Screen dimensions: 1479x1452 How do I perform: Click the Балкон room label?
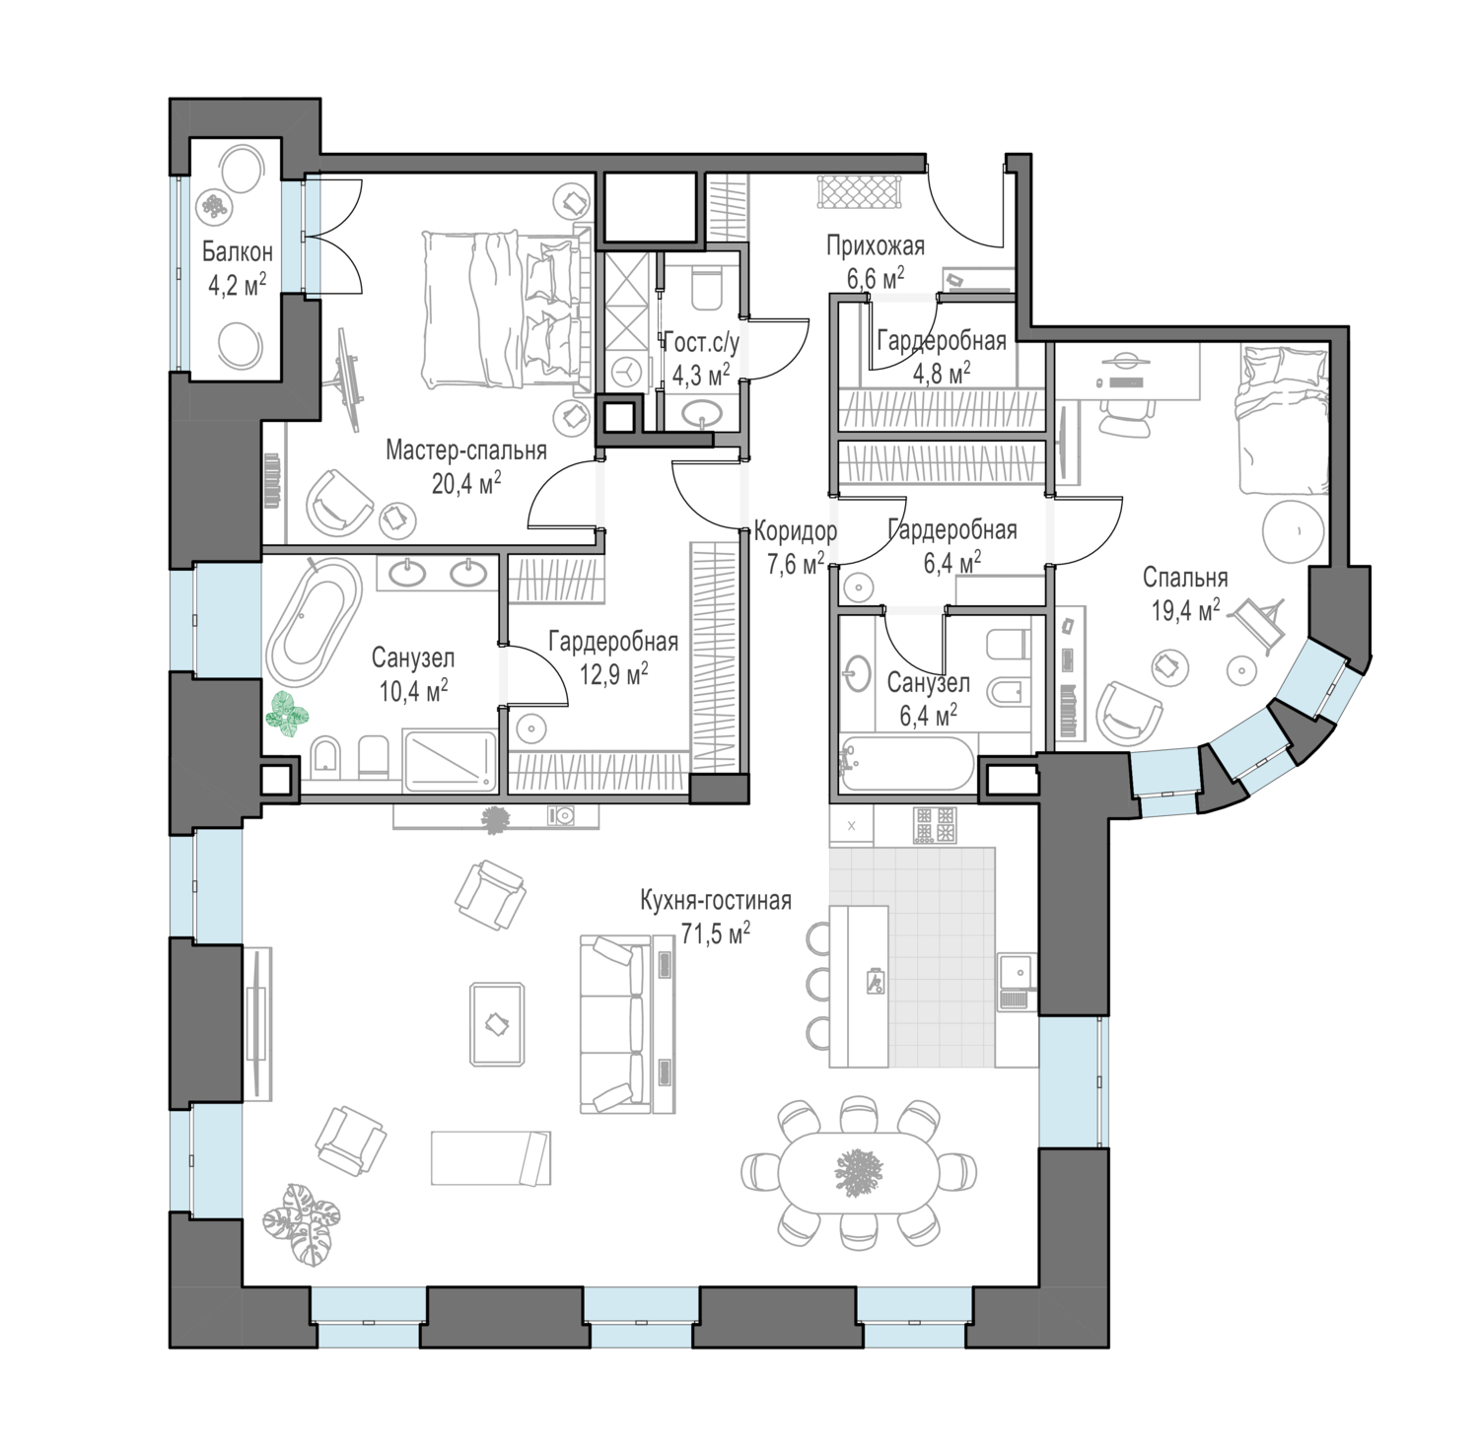click(238, 252)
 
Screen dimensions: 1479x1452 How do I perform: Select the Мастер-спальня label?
click(466, 451)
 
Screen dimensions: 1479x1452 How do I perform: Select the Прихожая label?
click(876, 246)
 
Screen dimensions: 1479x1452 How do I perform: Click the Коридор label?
click(796, 532)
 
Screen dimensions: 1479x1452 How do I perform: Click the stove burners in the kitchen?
click(937, 825)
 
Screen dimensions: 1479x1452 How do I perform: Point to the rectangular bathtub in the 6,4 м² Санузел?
click(906, 762)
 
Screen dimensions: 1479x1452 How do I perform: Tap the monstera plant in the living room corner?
click(301, 1222)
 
